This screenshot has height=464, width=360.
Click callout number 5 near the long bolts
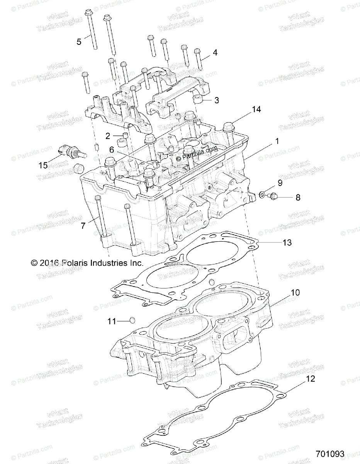pyautogui.click(x=79, y=42)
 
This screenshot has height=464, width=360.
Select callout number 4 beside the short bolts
pyautogui.click(x=215, y=53)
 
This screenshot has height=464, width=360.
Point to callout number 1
pyautogui.click(x=277, y=142)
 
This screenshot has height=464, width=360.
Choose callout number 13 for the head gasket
pyautogui.click(x=287, y=242)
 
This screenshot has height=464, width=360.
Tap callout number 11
pyautogui.click(x=112, y=321)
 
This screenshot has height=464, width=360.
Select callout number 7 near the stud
pyautogui.click(x=83, y=226)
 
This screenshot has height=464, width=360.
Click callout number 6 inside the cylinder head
pyautogui.click(x=111, y=149)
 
